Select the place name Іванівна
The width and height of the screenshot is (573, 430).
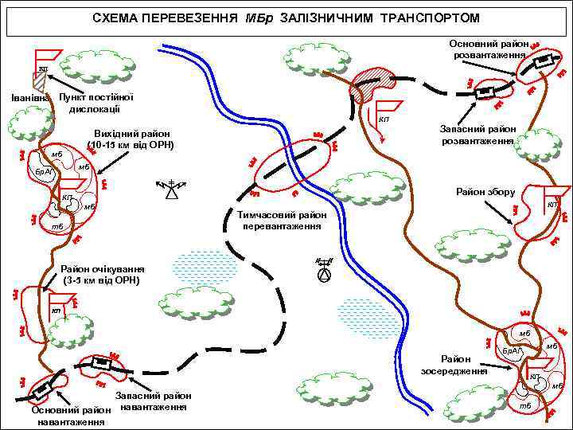29,98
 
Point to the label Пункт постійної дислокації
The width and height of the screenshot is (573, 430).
95,103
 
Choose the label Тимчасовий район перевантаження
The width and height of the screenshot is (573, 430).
283,221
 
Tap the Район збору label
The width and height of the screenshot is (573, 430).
485,192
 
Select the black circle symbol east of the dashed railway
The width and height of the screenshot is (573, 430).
323,275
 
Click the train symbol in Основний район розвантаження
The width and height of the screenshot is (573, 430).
543,61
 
